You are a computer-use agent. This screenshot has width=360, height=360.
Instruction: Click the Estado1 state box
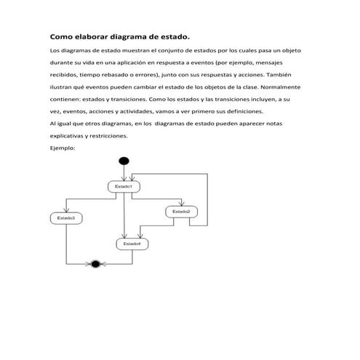124,187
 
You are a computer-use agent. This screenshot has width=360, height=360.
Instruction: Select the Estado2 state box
181,212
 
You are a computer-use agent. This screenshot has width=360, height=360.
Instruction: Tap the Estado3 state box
66,217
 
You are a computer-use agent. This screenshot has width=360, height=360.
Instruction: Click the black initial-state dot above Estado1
124,161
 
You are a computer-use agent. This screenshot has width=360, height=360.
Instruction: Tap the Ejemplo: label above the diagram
63,148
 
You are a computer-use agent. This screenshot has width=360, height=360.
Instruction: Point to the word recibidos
64,75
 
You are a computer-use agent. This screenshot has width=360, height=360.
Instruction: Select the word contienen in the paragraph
66,100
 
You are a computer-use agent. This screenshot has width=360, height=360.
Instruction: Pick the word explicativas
67,136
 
